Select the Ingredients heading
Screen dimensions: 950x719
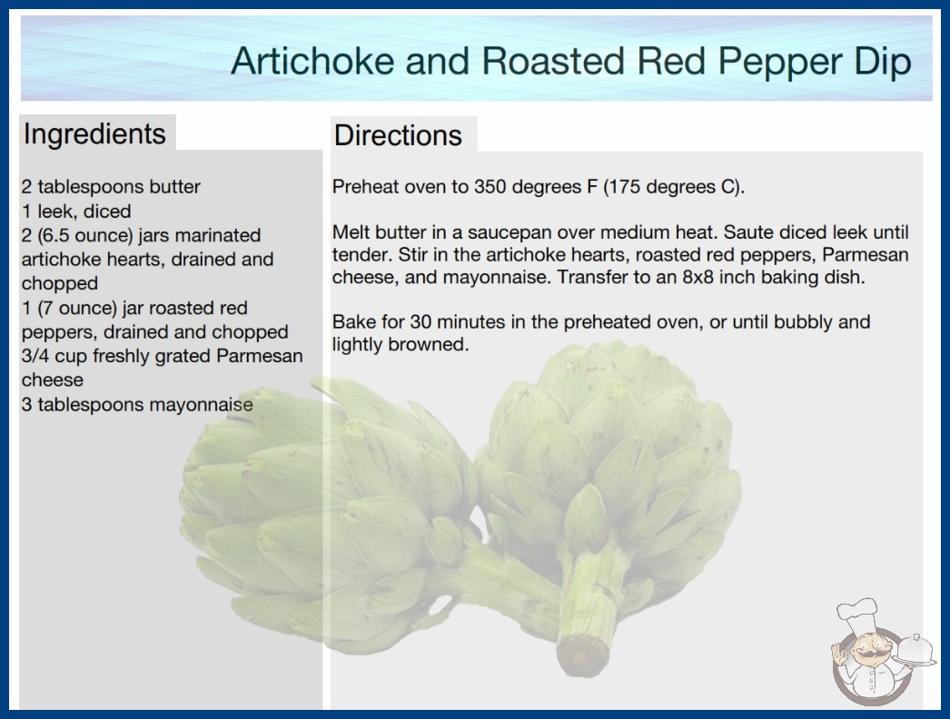94,134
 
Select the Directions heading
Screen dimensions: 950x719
398,135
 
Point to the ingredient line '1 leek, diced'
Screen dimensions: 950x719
76,211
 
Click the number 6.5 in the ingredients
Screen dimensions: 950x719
54,235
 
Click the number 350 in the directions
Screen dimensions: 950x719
490,187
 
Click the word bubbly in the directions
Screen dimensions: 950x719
804,321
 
